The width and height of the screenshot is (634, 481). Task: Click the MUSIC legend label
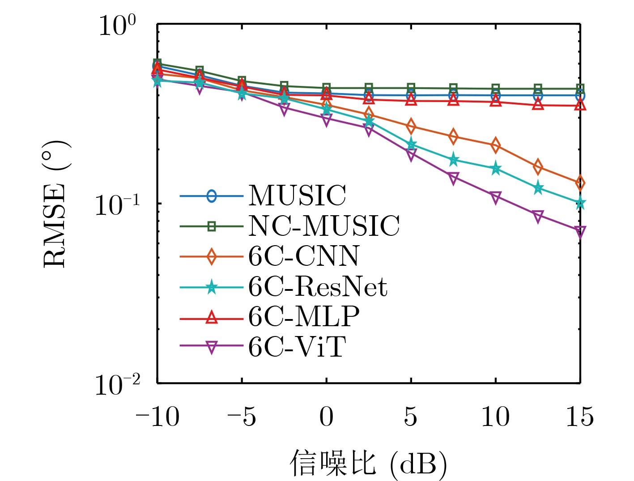297,196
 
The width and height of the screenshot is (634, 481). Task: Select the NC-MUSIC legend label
324,226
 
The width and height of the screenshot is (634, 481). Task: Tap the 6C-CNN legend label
304,256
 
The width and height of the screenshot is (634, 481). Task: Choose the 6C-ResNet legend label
318,286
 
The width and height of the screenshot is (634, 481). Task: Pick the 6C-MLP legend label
304,317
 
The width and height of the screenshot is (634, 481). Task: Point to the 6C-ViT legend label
297,347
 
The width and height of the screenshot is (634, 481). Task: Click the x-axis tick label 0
327,417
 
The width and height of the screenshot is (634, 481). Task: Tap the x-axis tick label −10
157,417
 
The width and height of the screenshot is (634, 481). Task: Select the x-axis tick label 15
580,417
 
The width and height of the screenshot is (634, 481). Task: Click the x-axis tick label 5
411,417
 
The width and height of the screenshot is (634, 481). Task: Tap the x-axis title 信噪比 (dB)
368,463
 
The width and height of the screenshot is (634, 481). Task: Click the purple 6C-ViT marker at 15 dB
580,232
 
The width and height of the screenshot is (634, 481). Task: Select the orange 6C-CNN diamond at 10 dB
495,145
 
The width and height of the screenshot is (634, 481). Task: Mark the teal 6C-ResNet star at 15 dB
580,203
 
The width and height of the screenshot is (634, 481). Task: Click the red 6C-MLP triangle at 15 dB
580,105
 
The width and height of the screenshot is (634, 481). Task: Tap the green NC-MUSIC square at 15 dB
580,89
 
